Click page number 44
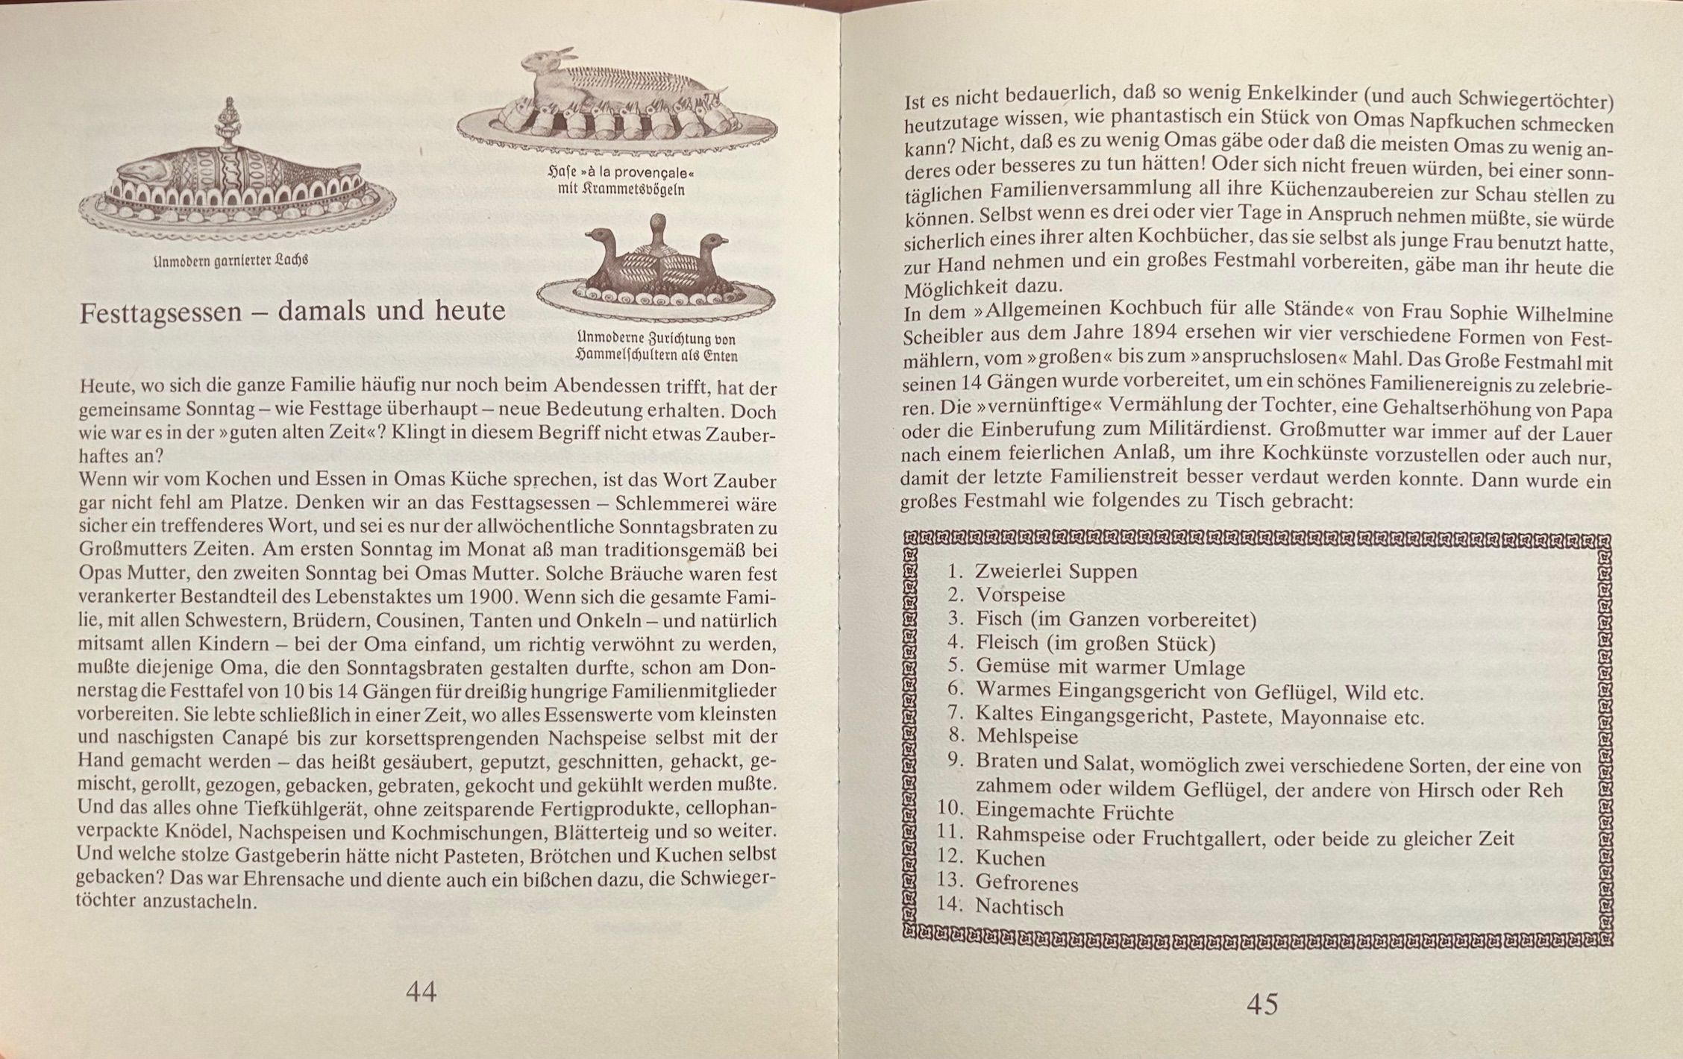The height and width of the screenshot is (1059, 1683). point(421,991)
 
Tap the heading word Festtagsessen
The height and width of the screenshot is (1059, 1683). point(160,311)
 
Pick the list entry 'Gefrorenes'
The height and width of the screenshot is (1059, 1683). point(1027,884)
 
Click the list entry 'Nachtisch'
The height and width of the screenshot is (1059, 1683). point(1019,908)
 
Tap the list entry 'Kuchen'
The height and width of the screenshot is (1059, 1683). point(1010,859)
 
